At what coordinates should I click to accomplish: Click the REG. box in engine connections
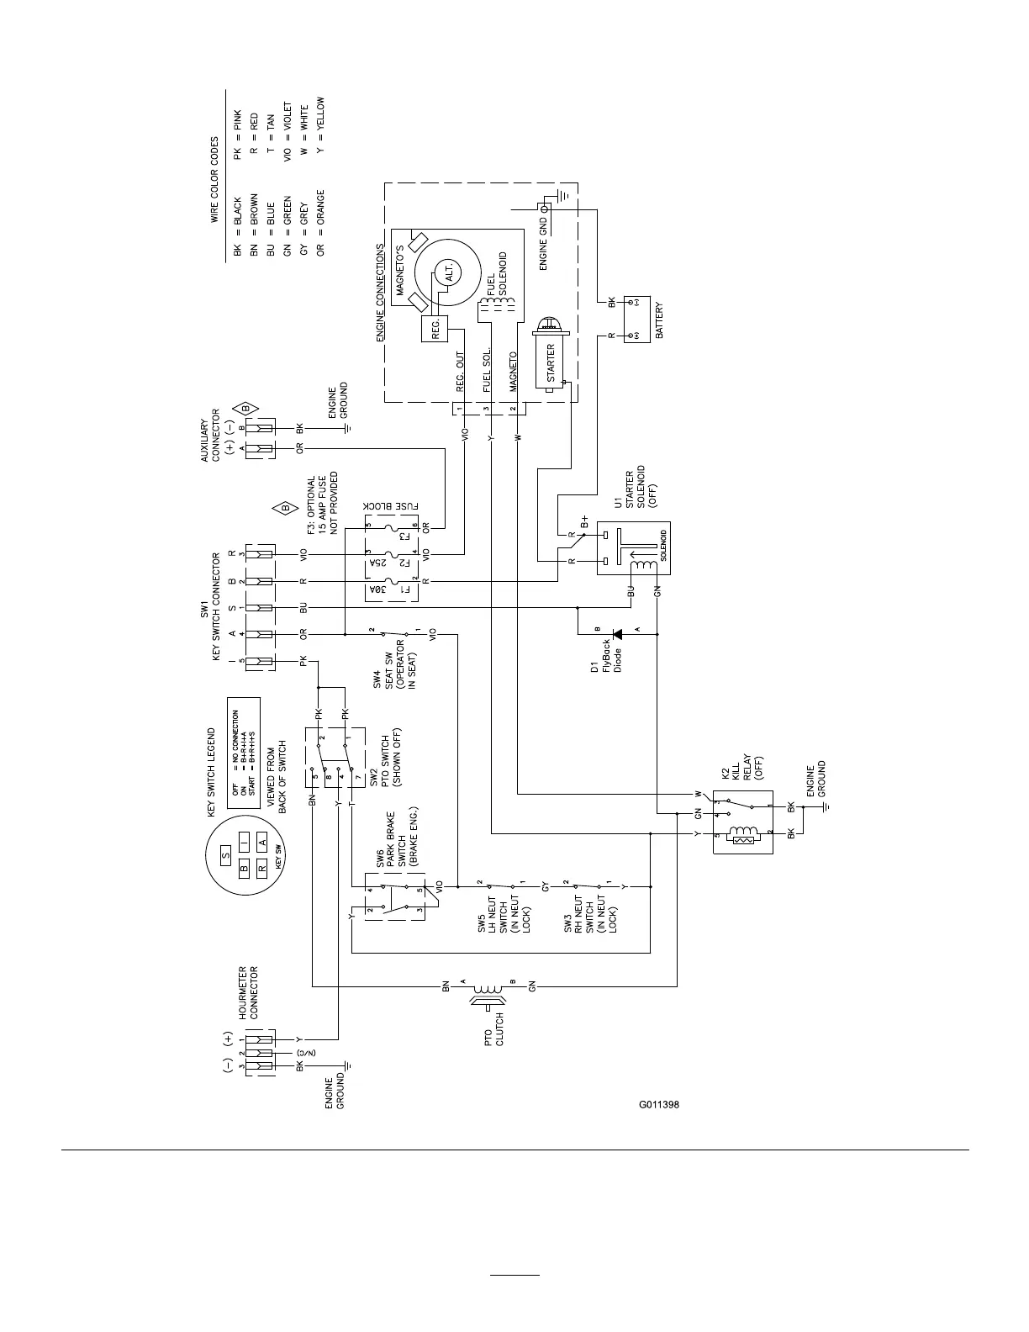coord(435,330)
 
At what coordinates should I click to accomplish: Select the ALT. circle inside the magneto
coord(449,273)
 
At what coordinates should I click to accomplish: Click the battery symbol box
coord(637,319)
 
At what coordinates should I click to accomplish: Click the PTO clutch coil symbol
coord(488,992)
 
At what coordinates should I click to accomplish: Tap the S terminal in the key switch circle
coord(225,856)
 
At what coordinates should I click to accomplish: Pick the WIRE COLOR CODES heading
coord(214,180)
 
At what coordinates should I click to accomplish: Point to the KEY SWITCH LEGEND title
coord(212,772)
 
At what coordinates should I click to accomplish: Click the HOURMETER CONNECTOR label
coord(249,992)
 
